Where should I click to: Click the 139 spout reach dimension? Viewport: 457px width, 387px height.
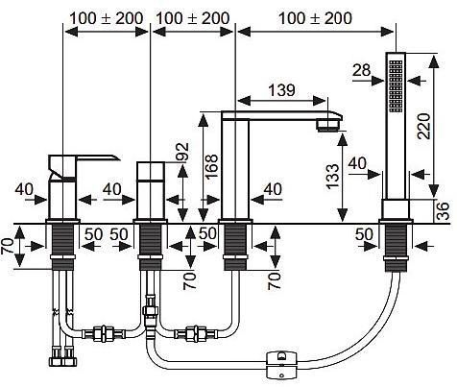point(282,90)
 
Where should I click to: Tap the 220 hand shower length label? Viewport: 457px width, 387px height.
point(425,126)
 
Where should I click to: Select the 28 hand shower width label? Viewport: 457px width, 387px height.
point(362,70)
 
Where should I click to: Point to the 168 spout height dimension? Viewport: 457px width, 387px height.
point(212,166)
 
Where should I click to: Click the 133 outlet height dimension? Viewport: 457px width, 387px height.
point(333,177)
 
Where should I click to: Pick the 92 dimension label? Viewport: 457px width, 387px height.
point(182,152)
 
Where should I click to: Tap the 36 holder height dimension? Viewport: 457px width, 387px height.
point(444,210)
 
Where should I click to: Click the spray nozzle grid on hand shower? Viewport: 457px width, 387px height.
point(396,85)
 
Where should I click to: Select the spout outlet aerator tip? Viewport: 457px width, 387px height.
point(328,125)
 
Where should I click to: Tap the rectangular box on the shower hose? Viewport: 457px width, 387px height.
point(282,365)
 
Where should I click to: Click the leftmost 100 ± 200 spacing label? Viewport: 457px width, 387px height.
point(107,18)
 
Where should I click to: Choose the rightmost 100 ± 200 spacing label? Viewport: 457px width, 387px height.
point(315,18)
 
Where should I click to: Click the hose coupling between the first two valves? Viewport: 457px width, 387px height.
point(104,334)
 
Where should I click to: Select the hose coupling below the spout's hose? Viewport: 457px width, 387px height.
point(195,334)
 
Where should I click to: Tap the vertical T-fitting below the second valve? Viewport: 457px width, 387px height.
point(149,317)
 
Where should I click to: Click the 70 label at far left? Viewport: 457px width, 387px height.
point(8,247)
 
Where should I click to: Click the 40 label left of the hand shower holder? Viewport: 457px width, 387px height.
point(357,163)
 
